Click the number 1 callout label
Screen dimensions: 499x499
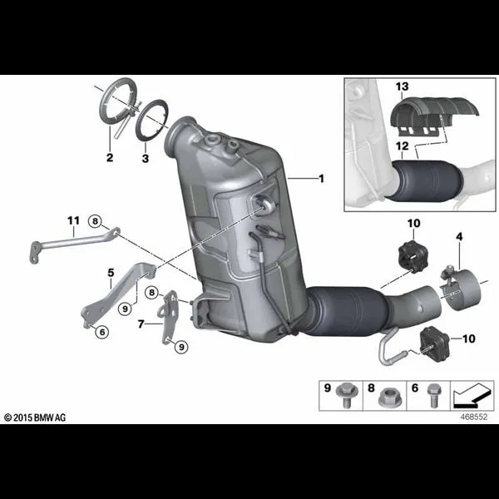(x=321, y=179)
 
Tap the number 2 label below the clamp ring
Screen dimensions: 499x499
(x=110, y=157)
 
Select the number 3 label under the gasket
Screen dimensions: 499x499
(x=146, y=158)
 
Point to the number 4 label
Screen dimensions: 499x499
(x=459, y=237)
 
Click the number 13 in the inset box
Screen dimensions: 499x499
(x=403, y=86)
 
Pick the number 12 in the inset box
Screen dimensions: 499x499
(x=403, y=146)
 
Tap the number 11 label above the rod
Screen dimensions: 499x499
(x=73, y=220)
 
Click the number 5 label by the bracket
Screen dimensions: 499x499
(x=111, y=273)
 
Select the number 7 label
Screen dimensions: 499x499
(x=141, y=324)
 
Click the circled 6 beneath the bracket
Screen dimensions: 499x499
(x=102, y=332)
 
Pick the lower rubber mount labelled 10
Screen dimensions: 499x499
(x=435, y=343)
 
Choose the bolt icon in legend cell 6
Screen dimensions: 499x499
(x=432, y=395)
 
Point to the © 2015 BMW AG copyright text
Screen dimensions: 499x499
(x=35, y=417)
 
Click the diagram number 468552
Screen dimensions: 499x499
(x=473, y=417)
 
